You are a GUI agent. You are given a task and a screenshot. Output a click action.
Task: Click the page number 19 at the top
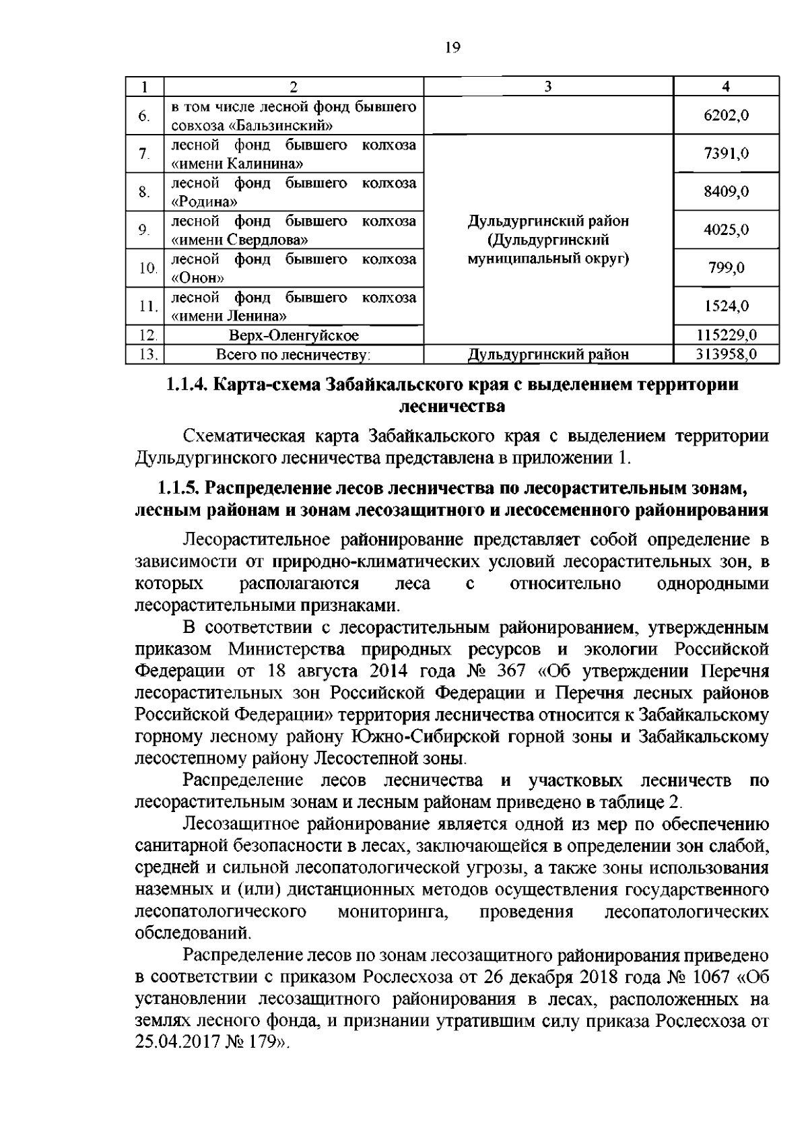click(x=452, y=47)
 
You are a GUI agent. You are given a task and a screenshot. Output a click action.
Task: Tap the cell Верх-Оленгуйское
click(x=293, y=335)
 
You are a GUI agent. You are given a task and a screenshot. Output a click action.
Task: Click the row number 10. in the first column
click(x=146, y=269)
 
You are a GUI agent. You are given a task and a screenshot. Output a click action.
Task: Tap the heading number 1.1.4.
click(x=189, y=385)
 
